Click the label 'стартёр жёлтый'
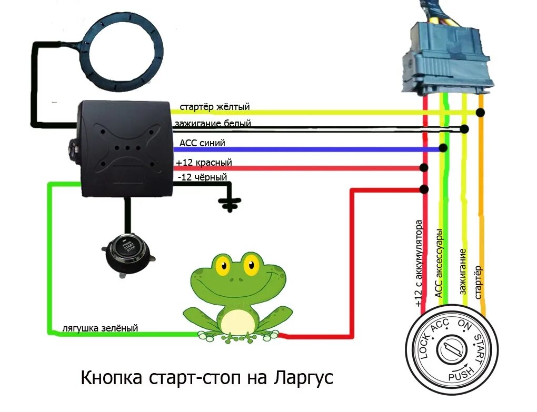pyautogui.click(x=214, y=107)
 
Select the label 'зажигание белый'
pyautogui.click(x=215, y=124)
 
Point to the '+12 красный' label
pyautogui.click(x=204, y=163)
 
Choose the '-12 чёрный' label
pyautogui.click(x=202, y=178)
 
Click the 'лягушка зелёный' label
pyautogui.click(x=100, y=328)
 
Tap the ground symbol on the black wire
pyautogui.click(x=228, y=203)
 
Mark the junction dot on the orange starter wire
pyautogui.click(x=480, y=112)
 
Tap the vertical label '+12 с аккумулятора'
pyautogui.click(x=419, y=263)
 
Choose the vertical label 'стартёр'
pyautogui.click(x=479, y=283)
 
